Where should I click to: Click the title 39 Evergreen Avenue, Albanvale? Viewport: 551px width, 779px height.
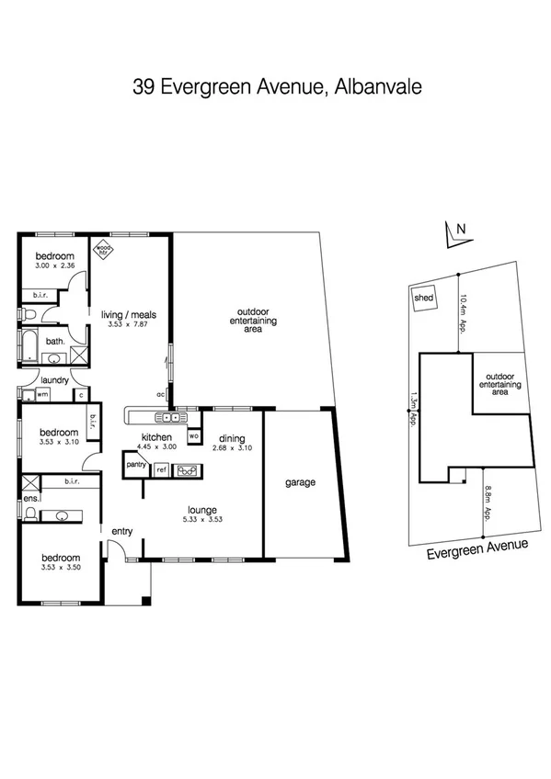pos(276,87)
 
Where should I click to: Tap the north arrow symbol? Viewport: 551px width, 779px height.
pos(453,236)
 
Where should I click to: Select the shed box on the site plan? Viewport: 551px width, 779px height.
pos(424,299)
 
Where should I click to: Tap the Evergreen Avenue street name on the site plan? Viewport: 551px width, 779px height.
pos(477,548)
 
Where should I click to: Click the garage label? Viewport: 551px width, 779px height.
pos(301,481)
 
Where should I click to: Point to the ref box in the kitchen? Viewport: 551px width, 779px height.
pos(161,469)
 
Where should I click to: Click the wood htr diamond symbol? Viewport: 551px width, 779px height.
pos(105,248)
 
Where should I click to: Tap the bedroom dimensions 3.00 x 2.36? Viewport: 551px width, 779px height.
pos(54,265)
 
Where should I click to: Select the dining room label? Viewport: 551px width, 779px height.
pos(232,438)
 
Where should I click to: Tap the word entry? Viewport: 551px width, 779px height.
pos(122,531)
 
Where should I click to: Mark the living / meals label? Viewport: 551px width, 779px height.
pos(129,314)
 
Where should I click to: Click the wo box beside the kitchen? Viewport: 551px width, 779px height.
pos(193,435)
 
